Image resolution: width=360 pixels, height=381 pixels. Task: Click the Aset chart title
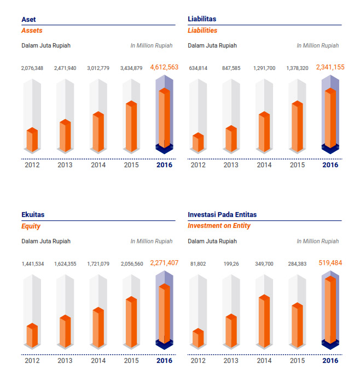click(x=28, y=19)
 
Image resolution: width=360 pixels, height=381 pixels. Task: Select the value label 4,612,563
click(x=164, y=67)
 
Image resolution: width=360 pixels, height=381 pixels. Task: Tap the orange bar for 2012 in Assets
click(x=32, y=140)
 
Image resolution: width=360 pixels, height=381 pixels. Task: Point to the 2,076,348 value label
click(x=32, y=68)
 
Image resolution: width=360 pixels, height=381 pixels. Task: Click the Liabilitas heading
click(x=202, y=19)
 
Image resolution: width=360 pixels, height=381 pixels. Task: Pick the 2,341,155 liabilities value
click(x=330, y=67)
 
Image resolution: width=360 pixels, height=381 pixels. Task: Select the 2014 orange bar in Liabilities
click(x=264, y=132)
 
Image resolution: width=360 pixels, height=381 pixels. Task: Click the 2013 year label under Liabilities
click(x=231, y=165)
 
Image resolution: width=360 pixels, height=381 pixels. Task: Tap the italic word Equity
click(x=31, y=226)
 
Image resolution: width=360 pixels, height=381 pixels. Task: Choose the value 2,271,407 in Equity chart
click(x=164, y=263)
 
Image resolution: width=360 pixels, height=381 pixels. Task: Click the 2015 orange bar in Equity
click(x=131, y=323)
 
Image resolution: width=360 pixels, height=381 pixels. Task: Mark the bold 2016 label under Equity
click(x=164, y=361)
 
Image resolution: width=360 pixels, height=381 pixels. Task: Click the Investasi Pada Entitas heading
click(x=222, y=215)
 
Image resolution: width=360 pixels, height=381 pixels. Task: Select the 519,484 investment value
click(x=330, y=263)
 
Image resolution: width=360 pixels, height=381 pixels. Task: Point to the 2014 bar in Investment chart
click(x=264, y=321)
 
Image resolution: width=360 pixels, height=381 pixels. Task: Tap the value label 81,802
click(x=198, y=264)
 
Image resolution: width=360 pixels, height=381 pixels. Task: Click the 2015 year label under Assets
click(x=131, y=165)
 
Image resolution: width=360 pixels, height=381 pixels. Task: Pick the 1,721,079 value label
click(x=98, y=264)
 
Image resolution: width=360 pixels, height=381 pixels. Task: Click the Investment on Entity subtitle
click(x=219, y=226)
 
